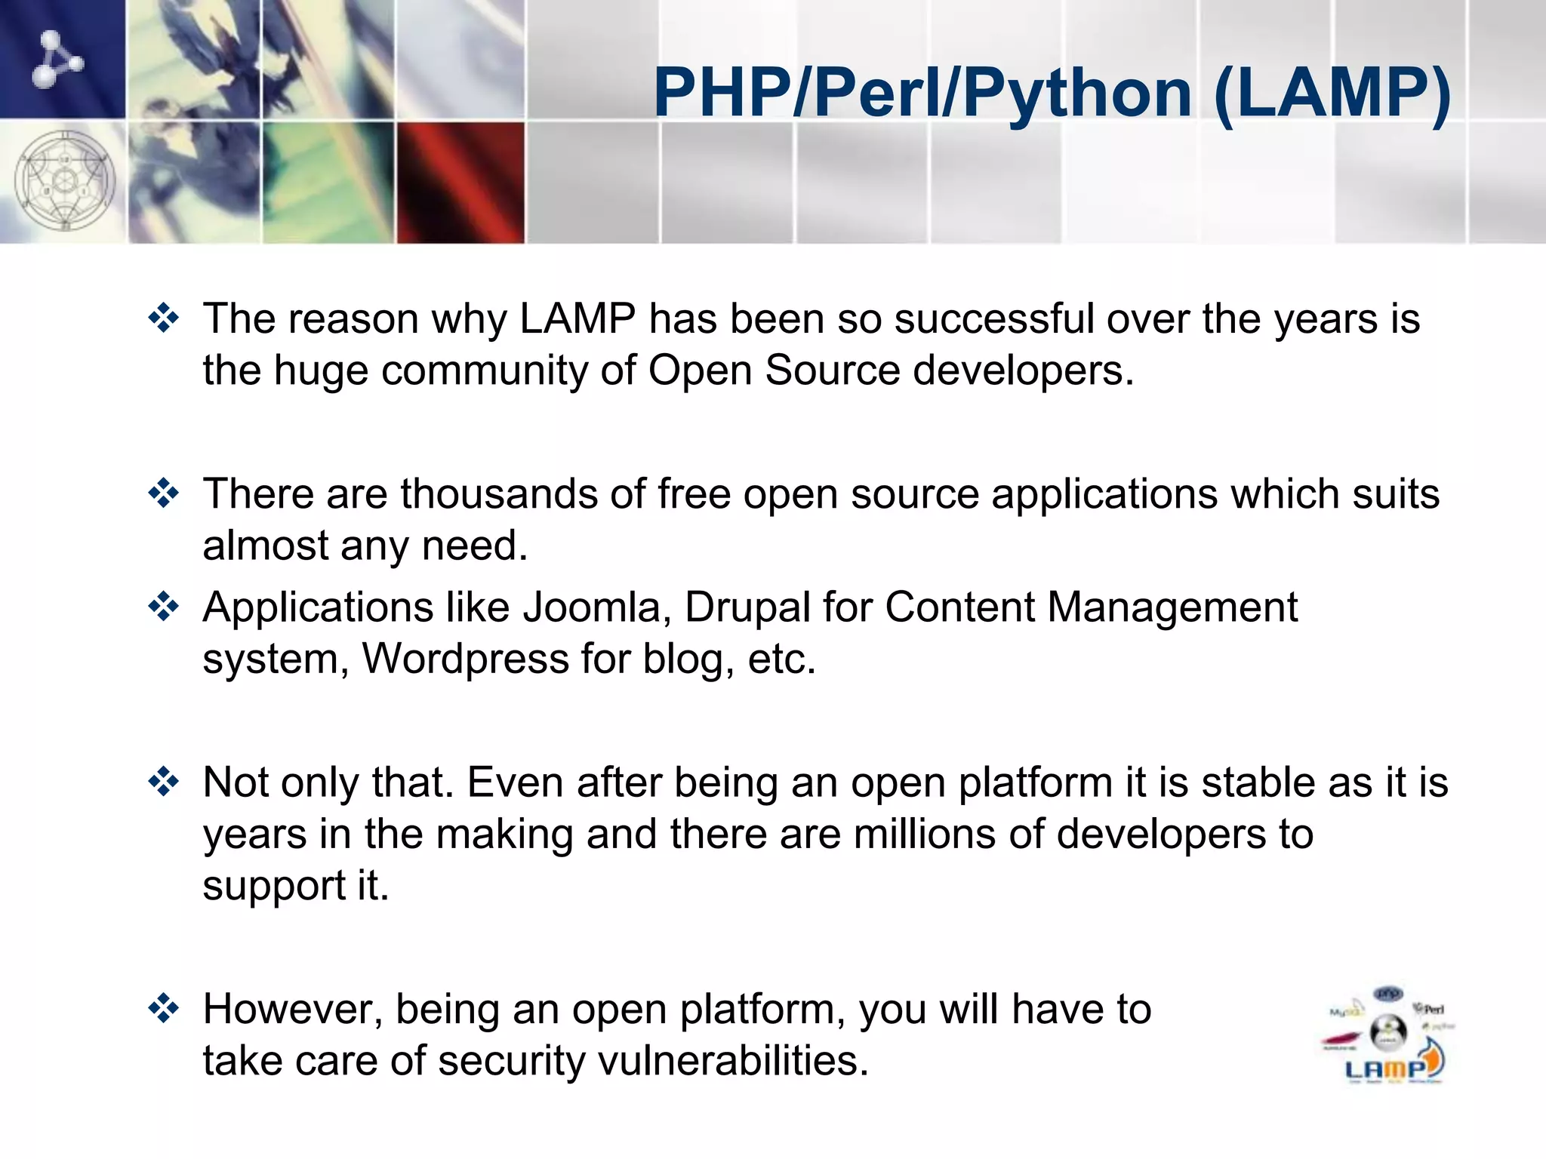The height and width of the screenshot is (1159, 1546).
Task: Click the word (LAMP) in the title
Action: (x=1333, y=94)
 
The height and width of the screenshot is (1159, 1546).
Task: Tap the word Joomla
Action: (x=592, y=607)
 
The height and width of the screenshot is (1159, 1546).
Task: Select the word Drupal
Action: (x=747, y=607)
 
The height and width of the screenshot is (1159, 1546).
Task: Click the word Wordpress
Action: (x=465, y=659)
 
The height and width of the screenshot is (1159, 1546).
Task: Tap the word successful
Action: (x=994, y=318)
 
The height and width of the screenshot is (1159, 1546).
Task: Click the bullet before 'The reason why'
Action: (x=164, y=318)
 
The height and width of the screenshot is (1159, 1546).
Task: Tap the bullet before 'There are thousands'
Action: (x=164, y=494)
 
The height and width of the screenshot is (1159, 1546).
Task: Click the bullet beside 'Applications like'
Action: (x=164, y=607)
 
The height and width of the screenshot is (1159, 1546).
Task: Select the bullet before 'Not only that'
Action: (x=164, y=782)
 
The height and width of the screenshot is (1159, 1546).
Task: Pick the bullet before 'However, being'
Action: (x=164, y=1009)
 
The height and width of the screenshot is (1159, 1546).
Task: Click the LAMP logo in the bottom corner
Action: (x=1389, y=1037)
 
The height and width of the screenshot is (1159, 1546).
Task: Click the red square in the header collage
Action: (x=460, y=182)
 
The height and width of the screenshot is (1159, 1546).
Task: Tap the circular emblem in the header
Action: (x=65, y=181)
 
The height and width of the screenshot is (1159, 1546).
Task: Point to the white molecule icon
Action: (x=57, y=59)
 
